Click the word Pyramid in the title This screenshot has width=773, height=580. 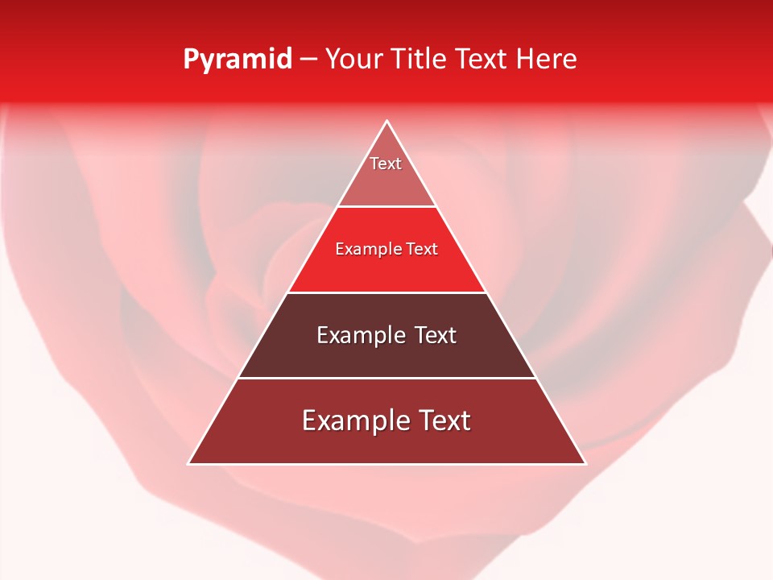[237, 60]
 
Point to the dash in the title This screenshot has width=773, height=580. [308, 60]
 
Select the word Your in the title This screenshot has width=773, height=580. [354, 60]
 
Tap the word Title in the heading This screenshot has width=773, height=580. [420, 60]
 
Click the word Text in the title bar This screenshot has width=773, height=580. [483, 60]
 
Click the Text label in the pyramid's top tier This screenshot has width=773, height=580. [386, 164]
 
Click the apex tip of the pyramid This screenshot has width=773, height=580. [387, 122]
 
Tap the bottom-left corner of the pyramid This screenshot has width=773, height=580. [189, 463]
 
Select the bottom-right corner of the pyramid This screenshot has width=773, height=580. [585, 463]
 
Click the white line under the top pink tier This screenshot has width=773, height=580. [387, 207]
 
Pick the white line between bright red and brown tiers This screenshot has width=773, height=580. [387, 292]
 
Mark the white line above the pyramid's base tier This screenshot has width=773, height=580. [387, 378]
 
